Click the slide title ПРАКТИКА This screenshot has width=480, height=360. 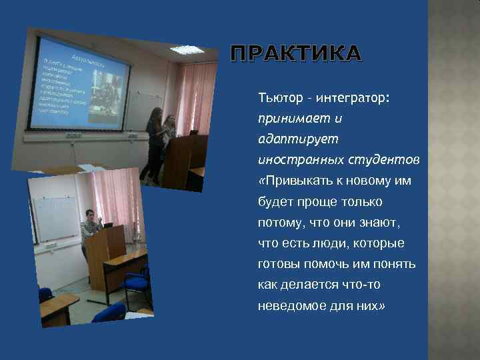[297, 54]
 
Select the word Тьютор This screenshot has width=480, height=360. [278, 98]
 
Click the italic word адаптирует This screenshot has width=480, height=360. [289, 139]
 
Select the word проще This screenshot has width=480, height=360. [317, 201]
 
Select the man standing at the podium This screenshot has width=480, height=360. [91, 230]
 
